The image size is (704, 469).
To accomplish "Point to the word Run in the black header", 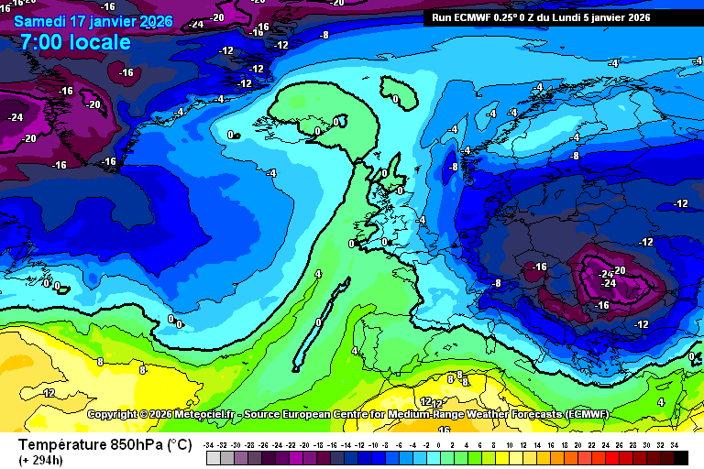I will coord(442,16).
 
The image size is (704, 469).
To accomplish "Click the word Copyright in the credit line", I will coord(116,414).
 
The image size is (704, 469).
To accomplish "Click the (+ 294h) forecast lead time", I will coord(39,459).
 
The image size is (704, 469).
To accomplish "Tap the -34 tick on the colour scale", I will coord(210,444).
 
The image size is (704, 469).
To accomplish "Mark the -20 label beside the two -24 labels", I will coord(619,270).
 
